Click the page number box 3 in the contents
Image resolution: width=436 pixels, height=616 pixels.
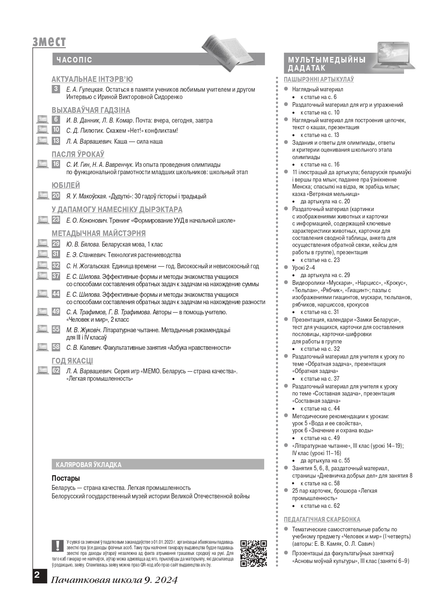tap(56, 89)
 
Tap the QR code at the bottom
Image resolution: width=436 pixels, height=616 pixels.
tap(253, 553)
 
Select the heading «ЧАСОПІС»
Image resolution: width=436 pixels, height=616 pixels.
tap(74, 60)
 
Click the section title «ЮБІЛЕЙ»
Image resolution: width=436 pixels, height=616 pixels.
tap(66, 185)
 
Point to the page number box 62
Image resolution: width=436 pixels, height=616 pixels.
tap(56, 370)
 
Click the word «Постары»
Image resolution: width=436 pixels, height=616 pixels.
tap(66, 478)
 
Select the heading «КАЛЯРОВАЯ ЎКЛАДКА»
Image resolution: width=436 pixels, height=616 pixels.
tap(89, 465)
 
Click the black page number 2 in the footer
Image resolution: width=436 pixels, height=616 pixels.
tap(37, 575)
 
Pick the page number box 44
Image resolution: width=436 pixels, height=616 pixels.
tap(56, 294)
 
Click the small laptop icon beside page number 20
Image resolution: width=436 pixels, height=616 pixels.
tap(43, 196)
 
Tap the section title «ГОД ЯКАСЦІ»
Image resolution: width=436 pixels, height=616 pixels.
tap(72, 361)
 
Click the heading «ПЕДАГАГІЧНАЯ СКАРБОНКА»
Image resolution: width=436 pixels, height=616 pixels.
tap(322, 519)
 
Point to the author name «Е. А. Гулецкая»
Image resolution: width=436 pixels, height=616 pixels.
tap(85, 90)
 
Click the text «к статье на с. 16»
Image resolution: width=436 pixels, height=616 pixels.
tap(320, 164)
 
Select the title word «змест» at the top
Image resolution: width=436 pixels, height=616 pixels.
tap(49, 41)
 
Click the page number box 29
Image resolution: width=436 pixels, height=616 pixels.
tap(56, 244)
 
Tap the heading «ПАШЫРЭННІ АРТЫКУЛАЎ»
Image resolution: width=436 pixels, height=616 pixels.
tap(319, 79)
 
